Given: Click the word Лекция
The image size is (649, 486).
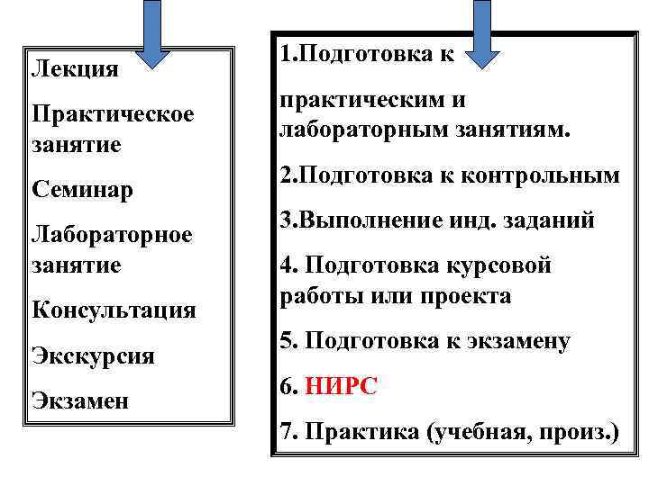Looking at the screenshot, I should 75,68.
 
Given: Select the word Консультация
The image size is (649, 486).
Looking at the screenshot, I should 114,310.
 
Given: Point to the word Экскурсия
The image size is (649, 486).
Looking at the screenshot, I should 93,355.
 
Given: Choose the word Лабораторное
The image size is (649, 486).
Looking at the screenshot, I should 112,236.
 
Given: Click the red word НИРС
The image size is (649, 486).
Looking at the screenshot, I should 342,387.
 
